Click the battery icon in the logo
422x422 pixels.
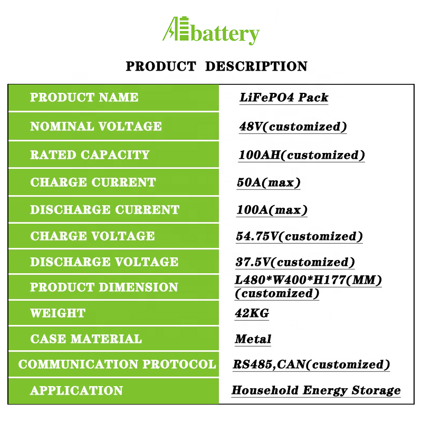(184, 28)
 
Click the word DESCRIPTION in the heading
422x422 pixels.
(256, 66)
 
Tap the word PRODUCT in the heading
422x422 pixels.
(161, 66)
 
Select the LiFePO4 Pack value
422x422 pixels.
(284, 98)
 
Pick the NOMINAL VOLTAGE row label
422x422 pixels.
(96, 126)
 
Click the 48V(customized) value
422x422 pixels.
(293, 127)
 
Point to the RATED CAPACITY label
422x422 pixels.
(90, 155)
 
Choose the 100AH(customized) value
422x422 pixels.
(302, 155)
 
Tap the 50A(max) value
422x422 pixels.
(268, 183)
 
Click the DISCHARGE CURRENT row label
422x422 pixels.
(104, 209)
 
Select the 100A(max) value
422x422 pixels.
(272, 210)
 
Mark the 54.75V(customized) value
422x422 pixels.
(299, 236)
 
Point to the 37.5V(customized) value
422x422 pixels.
(295, 262)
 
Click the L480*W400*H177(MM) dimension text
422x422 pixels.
(308, 280)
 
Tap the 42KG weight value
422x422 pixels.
(252, 313)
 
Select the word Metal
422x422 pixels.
(253, 339)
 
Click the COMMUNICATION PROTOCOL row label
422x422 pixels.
(117, 364)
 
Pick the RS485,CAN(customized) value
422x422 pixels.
(311, 365)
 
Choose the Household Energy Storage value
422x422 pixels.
(316, 390)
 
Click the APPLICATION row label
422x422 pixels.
(76, 390)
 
